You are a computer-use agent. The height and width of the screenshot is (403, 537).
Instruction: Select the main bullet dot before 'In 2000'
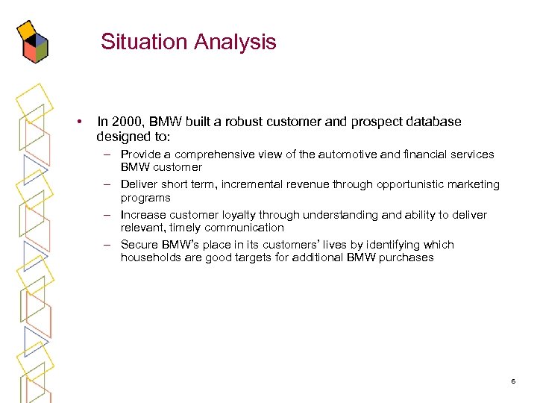[78, 122]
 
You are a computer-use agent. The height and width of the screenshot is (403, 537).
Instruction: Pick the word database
[432, 122]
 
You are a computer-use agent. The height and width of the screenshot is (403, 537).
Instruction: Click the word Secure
[139, 245]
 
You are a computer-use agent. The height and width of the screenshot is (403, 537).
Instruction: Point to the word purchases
[407, 257]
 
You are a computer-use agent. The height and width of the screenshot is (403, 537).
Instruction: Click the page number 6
[513, 381]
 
